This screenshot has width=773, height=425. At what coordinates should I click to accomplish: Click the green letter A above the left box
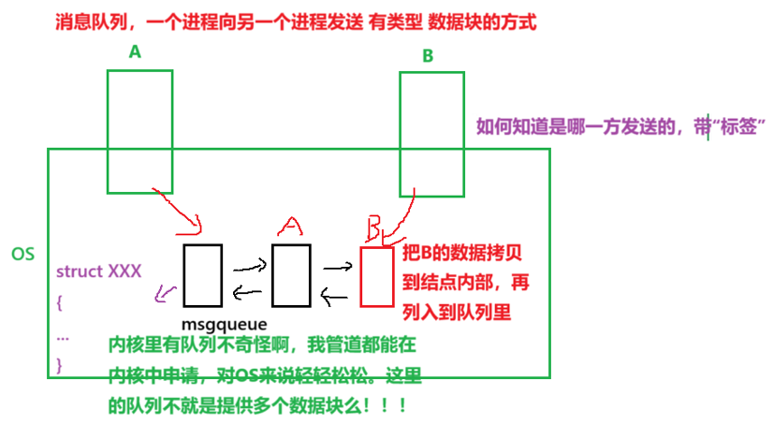[135, 53]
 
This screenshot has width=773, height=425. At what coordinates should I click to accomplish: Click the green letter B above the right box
[428, 56]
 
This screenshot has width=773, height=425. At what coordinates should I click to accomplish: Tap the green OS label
[22, 255]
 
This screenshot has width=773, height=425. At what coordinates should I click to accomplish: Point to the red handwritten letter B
[374, 227]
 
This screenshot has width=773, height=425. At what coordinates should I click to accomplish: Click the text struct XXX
[98, 271]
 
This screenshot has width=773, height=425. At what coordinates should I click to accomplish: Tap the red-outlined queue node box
[376, 276]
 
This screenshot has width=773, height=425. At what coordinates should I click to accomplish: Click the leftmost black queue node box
[203, 275]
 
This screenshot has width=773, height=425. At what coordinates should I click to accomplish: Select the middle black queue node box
[290, 275]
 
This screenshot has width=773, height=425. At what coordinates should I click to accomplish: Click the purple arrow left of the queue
[166, 294]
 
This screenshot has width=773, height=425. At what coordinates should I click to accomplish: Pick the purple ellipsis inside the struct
[63, 334]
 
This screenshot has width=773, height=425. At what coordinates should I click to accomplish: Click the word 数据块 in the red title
[448, 20]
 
